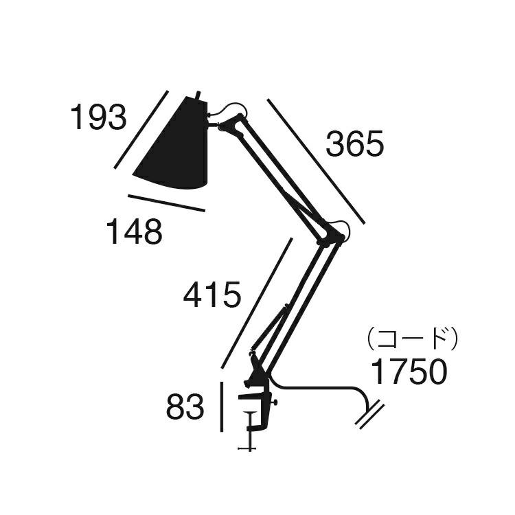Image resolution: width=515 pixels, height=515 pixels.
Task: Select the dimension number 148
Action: pos(134,233)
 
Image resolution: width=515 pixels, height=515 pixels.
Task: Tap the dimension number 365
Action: pos(354,145)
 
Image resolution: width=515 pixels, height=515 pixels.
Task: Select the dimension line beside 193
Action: pos(141,130)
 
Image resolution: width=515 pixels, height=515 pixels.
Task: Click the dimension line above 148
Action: pos(166,203)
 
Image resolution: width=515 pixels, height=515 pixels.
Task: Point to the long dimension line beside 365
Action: pos(316,161)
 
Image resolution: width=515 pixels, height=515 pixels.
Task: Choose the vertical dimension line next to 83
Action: pos(222,408)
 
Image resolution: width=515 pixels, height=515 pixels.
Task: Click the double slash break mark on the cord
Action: pos(370,414)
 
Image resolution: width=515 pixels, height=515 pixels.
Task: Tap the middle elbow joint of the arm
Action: pos(332,234)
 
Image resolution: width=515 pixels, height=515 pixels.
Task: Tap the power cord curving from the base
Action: pos(323,389)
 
